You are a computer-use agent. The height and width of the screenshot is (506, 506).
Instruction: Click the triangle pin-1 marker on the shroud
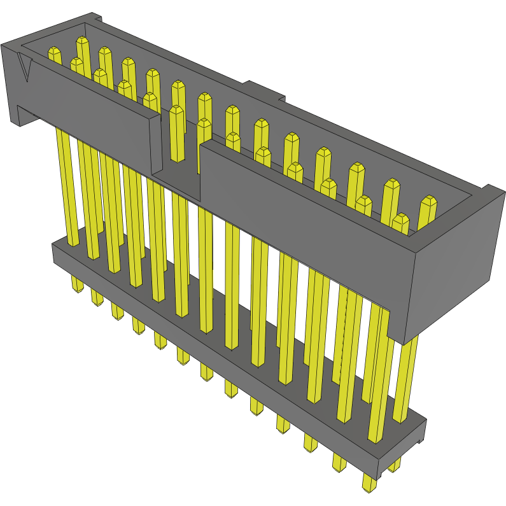coord(25,69)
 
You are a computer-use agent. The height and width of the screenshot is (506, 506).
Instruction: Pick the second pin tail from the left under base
coord(97,297)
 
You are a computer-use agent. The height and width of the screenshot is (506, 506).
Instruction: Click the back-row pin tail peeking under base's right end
coord(395,465)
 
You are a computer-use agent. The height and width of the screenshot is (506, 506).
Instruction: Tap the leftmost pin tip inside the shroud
coord(55,55)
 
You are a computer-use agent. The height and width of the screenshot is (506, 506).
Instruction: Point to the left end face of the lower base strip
coord(55,252)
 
